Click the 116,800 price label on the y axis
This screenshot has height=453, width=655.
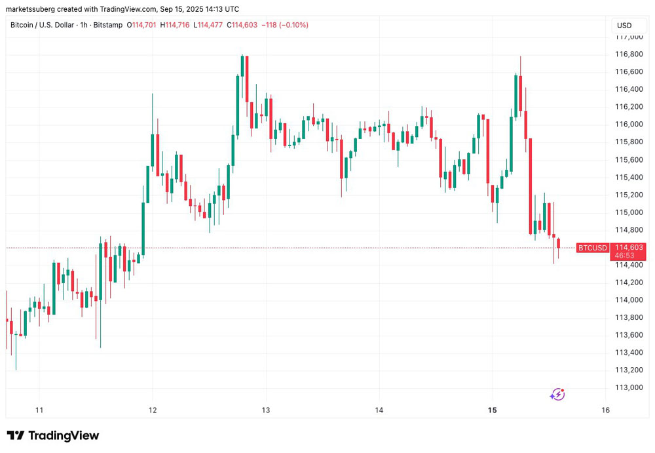click(x=629, y=54)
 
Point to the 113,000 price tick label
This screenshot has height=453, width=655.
click(x=629, y=387)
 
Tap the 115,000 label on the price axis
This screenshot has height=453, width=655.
click(x=629, y=212)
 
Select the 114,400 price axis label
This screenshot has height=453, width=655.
click(x=629, y=265)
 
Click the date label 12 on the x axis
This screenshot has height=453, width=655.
click(x=153, y=410)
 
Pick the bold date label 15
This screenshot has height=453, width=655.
click(x=493, y=410)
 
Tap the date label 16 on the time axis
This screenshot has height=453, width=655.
click(x=605, y=410)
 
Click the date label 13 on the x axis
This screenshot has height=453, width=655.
click(x=266, y=410)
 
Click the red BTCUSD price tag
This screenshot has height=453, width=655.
click(x=592, y=248)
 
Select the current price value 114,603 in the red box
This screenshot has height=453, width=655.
click(x=629, y=247)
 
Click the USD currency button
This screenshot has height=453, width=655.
click(x=624, y=26)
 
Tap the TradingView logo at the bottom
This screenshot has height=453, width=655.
click(x=53, y=435)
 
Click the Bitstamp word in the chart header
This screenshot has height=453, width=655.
click(x=107, y=25)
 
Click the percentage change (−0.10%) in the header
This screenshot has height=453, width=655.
click(x=293, y=25)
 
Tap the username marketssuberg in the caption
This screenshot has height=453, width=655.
click(x=33, y=9)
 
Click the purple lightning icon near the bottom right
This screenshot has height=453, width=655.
click(x=557, y=394)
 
